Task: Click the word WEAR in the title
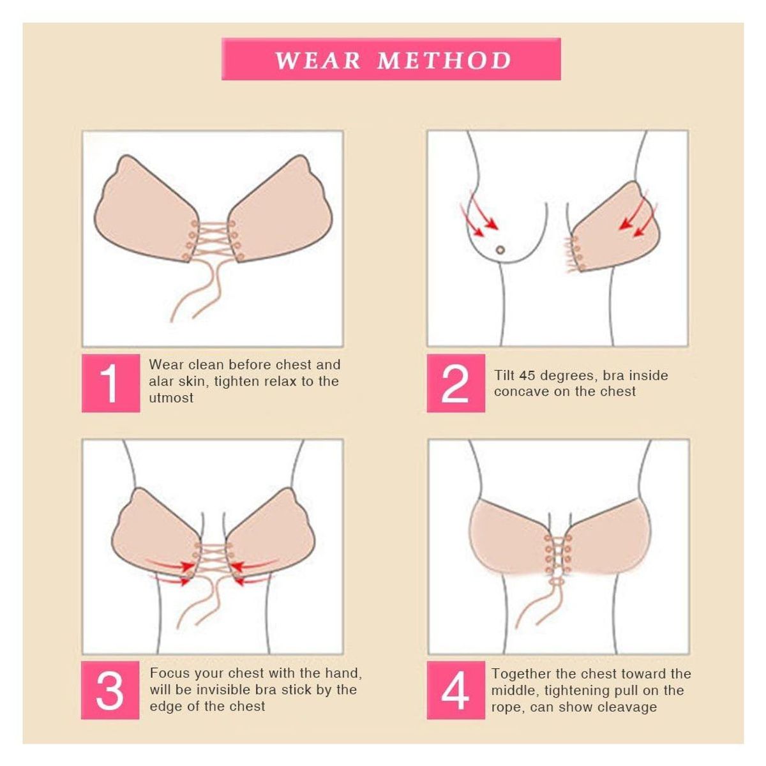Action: tap(318, 60)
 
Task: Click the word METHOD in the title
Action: tap(444, 60)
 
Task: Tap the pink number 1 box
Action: tap(110, 383)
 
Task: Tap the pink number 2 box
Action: tap(455, 383)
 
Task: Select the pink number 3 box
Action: tap(110, 690)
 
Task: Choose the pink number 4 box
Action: tap(455, 690)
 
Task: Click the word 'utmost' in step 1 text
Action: tap(171, 398)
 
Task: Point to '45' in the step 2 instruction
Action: tap(527, 375)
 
